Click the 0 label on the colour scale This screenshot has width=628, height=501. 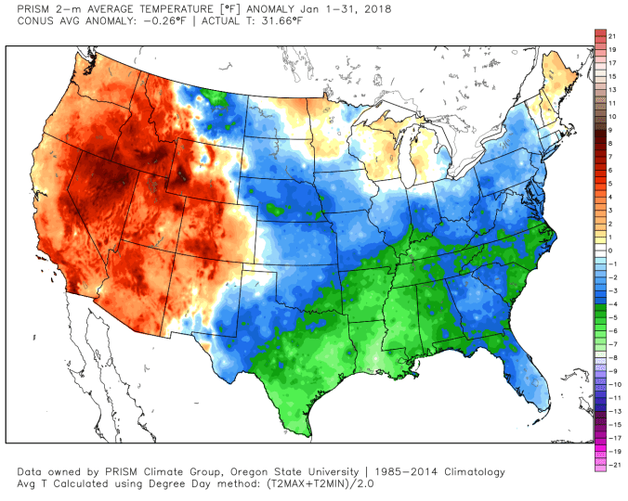609,250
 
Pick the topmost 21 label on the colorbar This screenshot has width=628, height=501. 612,34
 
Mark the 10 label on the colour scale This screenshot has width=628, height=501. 612,116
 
